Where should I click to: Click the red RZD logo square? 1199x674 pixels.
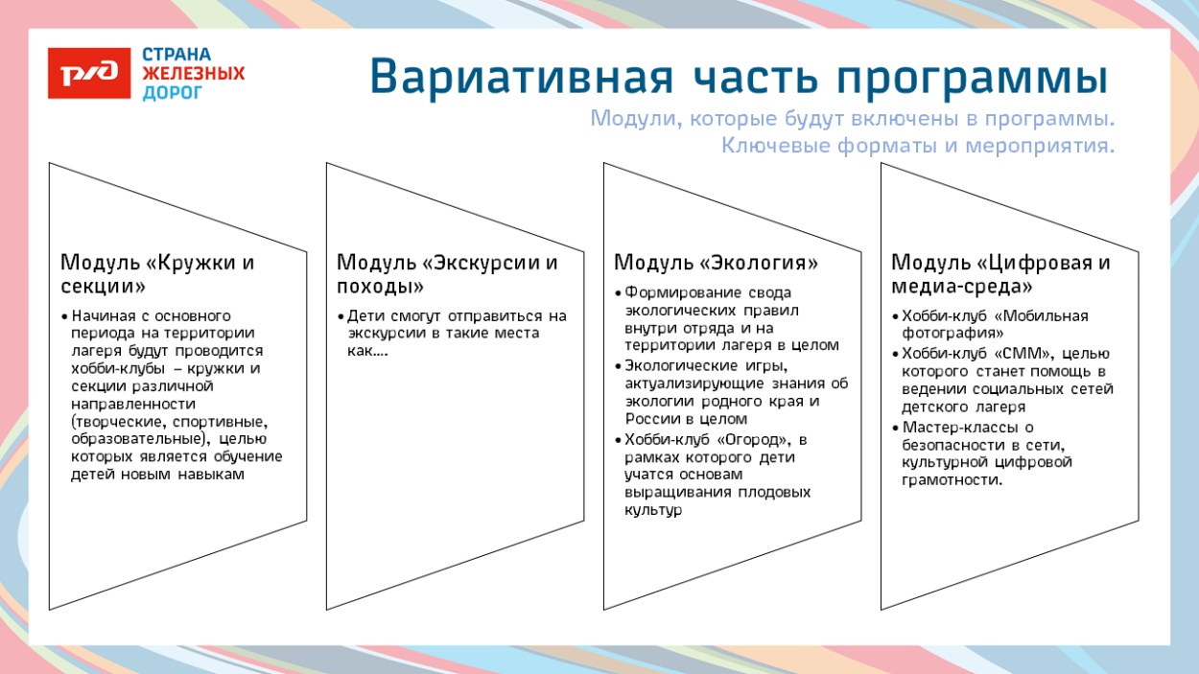[x=89, y=73]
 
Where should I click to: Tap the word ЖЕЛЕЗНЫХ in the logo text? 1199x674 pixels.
[x=193, y=74]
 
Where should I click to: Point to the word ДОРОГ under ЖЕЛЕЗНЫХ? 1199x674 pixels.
[x=173, y=93]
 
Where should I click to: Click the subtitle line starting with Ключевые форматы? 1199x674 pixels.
[x=917, y=147]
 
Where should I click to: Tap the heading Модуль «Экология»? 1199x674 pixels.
[x=716, y=263]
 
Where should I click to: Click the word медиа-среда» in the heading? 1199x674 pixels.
[x=962, y=286]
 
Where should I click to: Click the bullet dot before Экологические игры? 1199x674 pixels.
[x=618, y=366]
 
